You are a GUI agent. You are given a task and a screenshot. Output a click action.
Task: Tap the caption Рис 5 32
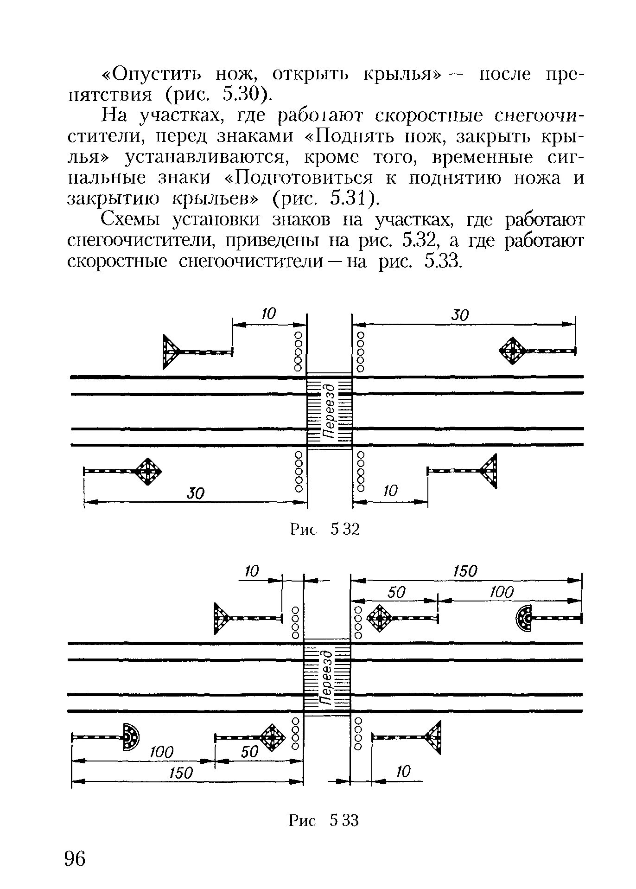click(324, 529)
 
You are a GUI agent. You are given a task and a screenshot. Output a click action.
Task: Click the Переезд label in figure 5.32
click(329, 410)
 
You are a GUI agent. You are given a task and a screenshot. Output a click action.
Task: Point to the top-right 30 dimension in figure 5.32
click(460, 316)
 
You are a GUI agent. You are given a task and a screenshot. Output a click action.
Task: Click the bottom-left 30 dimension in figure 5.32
click(196, 493)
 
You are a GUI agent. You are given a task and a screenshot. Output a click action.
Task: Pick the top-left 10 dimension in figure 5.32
click(268, 314)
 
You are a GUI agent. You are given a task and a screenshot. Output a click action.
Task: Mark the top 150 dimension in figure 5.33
click(465, 571)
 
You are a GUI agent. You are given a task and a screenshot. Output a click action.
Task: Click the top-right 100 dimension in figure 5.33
click(502, 592)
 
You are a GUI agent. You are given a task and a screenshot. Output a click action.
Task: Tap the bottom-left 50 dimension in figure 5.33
click(249, 752)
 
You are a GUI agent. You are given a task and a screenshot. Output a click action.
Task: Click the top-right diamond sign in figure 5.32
click(512, 351)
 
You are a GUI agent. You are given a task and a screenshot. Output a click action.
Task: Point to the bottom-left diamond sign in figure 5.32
click(148, 471)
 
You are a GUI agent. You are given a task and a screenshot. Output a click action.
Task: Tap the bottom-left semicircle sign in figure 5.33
click(131, 737)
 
